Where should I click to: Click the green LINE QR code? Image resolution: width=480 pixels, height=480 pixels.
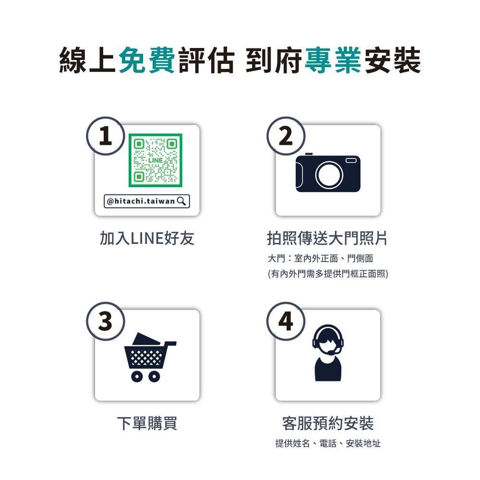[155, 160]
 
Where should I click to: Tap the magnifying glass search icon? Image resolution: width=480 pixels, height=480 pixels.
[181, 201]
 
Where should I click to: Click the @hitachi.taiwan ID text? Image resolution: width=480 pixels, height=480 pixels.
[141, 201]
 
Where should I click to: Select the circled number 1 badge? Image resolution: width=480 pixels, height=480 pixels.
[106, 136]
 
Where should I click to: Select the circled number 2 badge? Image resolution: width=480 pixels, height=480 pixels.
[286, 136]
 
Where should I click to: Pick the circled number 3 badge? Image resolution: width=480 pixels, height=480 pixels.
[106, 322]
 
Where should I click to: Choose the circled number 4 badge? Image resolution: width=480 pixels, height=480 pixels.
[286, 322]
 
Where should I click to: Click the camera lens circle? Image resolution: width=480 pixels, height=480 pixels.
[329, 175]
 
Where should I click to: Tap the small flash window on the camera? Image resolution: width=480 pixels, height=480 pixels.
[351, 160]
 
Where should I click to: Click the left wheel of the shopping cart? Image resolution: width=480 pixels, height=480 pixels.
[137, 376]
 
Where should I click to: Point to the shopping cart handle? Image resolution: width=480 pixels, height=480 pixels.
[170, 344]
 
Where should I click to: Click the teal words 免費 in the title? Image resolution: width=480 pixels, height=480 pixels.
[146, 60]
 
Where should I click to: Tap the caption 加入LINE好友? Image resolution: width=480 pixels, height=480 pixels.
[147, 238]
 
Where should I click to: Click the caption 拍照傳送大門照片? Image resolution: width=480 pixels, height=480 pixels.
[327, 238]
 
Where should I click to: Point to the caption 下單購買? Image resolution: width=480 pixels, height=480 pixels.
[147, 423]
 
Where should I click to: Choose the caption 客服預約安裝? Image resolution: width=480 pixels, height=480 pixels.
[328, 423]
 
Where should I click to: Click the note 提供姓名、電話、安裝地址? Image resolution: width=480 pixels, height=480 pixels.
[328, 443]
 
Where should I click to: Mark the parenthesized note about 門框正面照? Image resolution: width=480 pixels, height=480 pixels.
[328, 274]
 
